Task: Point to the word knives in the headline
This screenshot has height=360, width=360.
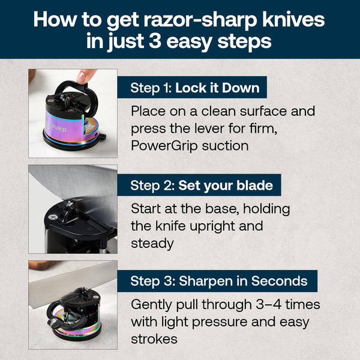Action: point(292,19)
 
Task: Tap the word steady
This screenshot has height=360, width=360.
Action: point(152,243)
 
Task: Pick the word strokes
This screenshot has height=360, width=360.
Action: point(154,339)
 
